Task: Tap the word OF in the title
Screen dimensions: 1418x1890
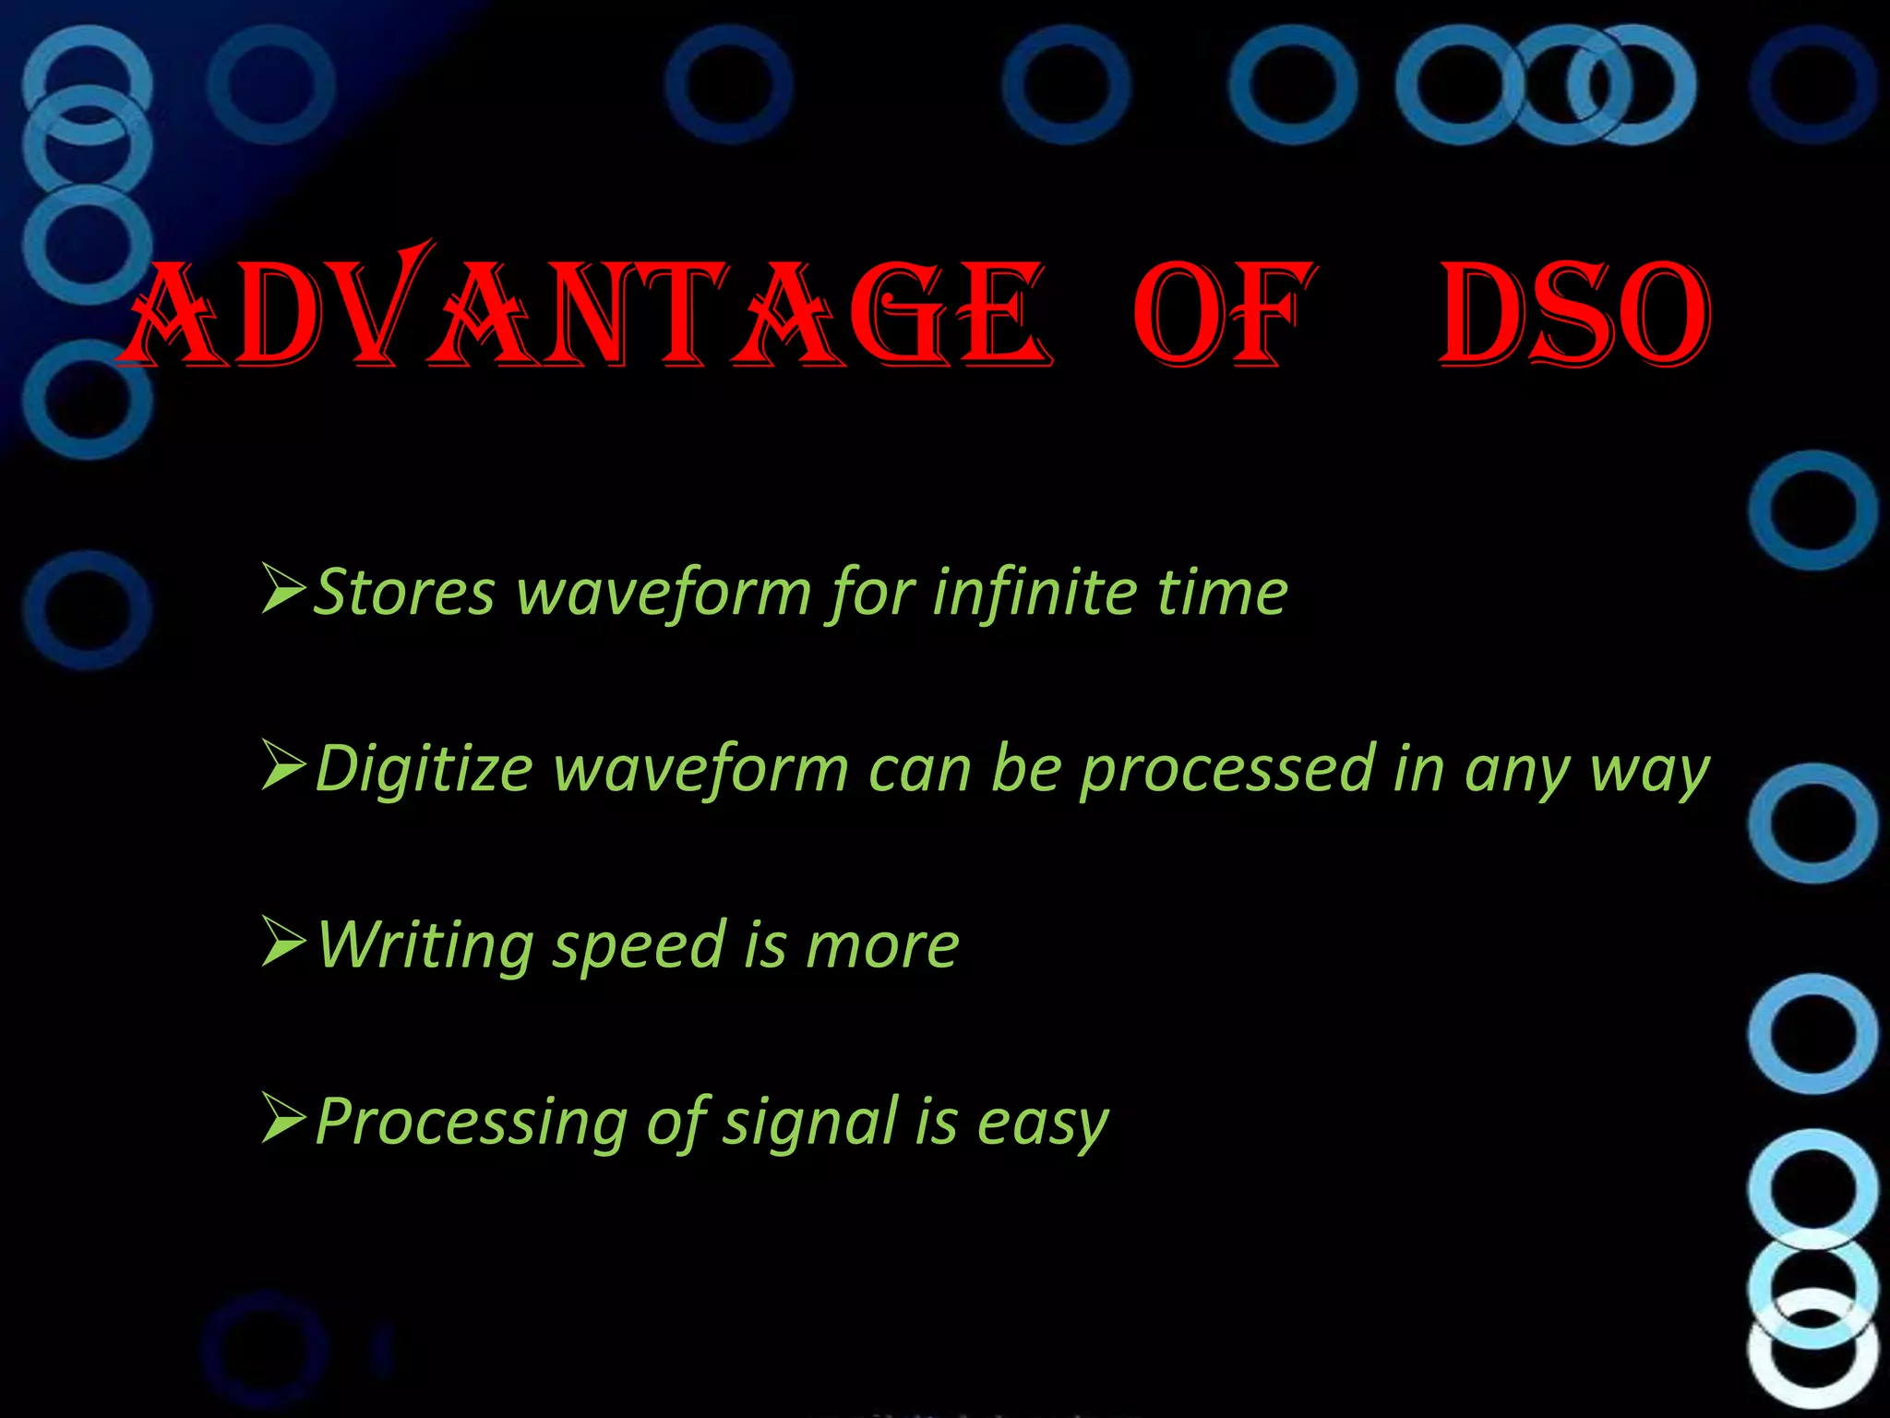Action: click(1223, 314)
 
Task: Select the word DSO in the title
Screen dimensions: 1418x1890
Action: click(1573, 314)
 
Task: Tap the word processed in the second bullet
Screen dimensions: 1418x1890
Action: click(1227, 769)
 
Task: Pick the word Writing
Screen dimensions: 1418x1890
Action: click(425, 946)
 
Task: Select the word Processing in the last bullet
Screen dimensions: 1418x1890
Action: click(471, 1123)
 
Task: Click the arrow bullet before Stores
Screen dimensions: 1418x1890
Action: click(283, 590)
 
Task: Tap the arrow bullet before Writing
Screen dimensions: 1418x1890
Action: click(283, 943)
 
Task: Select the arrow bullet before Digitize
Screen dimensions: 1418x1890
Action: click(283, 766)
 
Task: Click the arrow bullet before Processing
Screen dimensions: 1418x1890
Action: click(283, 1119)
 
